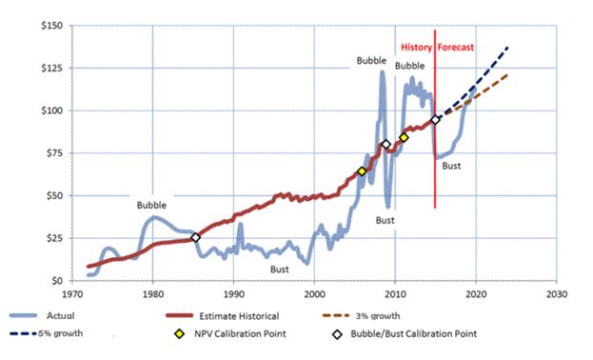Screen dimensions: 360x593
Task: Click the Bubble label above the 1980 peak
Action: point(150,205)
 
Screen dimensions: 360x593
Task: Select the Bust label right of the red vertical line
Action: point(451,166)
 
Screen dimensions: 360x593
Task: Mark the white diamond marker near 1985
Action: point(195,237)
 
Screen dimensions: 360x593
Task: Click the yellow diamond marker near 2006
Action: point(362,171)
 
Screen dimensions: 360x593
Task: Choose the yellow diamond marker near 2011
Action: point(404,138)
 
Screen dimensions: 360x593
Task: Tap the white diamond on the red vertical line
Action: point(436,120)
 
